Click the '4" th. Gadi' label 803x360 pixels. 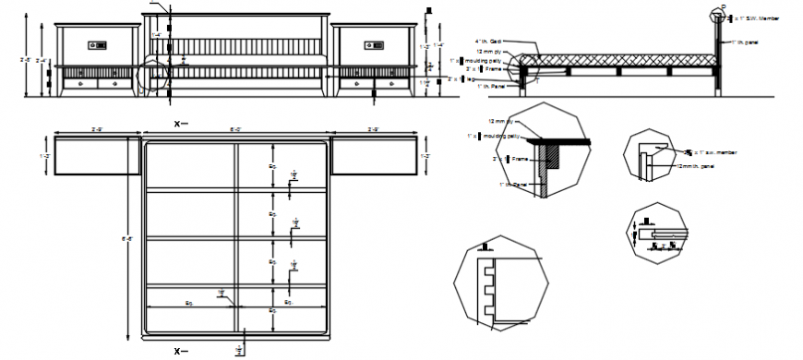pyautogui.click(x=488, y=42)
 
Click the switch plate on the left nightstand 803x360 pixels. pyautogui.click(x=98, y=44)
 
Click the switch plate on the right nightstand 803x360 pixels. pyautogui.click(x=374, y=44)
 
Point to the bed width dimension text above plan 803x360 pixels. pyautogui.click(x=236, y=129)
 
